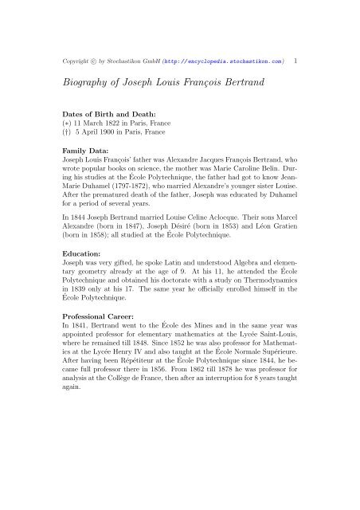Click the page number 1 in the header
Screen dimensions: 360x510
pyautogui.click(x=296, y=61)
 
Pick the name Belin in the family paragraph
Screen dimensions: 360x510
pyautogui.click(x=282, y=168)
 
